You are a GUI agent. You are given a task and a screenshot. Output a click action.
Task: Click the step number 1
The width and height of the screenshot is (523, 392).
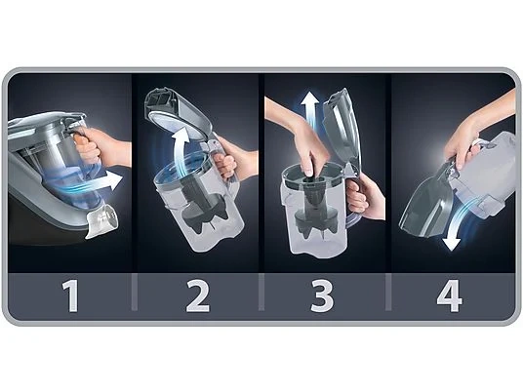click(70, 295)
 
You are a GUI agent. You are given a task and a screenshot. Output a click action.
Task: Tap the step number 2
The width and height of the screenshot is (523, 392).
click(198, 295)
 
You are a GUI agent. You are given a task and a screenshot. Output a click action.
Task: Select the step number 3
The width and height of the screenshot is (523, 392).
click(322, 295)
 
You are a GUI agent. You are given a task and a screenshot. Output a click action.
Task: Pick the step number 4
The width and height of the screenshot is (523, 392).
click(449, 295)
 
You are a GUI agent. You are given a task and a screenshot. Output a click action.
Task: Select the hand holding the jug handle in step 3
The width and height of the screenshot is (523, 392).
click(365, 195)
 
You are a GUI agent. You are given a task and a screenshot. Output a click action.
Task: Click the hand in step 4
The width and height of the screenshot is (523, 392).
click(473, 134)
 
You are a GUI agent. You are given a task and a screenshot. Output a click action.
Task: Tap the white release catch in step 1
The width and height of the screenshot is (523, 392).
click(102, 220)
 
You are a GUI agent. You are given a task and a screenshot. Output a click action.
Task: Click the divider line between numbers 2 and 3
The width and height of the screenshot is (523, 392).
click(261, 292)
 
